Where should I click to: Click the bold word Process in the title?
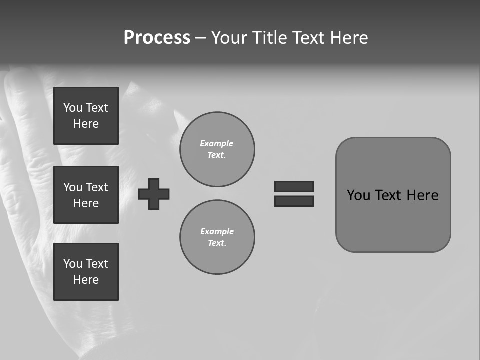pyautogui.click(x=157, y=38)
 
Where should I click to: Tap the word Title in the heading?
pyautogui.click(x=271, y=38)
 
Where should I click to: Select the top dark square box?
pyautogui.click(x=86, y=116)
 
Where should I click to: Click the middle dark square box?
pyautogui.click(x=86, y=195)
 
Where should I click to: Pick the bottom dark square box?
pyautogui.click(x=86, y=272)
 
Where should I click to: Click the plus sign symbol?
pyautogui.click(x=154, y=194)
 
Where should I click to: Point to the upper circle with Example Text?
pyautogui.click(x=217, y=149)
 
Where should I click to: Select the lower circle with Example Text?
pyautogui.click(x=217, y=237)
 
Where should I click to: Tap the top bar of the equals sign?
pyautogui.click(x=294, y=186)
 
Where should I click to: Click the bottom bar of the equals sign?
pyautogui.click(x=294, y=201)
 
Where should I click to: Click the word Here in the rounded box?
pyautogui.click(x=422, y=195)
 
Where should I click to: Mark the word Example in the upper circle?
pyautogui.click(x=217, y=143)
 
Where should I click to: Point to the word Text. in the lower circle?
pyautogui.click(x=217, y=243)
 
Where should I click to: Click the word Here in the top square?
pyautogui.click(x=86, y=124)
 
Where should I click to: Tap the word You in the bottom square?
pyautogui.click(x=73, y=264)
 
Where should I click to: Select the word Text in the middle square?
pyautogui.click(x=97, y=187)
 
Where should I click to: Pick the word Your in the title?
pyautogui.click(x=231, y=38)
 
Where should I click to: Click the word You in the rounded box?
pyautogui.click(x=358, y=195)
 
